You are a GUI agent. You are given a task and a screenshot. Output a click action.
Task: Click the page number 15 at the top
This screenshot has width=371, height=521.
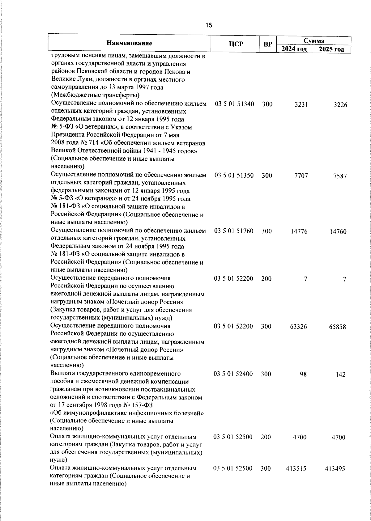point(209,25)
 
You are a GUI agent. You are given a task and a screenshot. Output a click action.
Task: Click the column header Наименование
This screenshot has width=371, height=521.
point(129,44)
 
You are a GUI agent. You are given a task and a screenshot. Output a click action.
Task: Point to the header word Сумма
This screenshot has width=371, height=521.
point(313,41)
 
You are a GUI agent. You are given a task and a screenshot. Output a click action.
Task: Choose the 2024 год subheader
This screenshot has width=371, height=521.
point(294,49)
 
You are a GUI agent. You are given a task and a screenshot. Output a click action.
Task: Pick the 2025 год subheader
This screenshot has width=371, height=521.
point(331,49)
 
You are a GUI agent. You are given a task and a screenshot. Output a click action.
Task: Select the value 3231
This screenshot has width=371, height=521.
point(301,105)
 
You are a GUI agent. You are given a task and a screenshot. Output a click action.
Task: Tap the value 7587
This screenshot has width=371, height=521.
point(340,176)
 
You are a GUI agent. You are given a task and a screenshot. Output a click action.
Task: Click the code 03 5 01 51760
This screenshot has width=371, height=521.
point(234,231)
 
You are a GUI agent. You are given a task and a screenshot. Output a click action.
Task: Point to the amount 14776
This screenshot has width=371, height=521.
point(299,231)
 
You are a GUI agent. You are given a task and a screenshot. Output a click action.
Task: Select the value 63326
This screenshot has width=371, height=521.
point(299,327)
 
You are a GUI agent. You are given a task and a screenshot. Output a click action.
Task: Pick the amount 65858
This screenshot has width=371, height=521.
point(337,327)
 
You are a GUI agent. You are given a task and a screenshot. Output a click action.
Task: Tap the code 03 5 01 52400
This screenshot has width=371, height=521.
point(233,374)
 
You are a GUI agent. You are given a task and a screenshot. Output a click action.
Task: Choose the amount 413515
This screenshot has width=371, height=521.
point(296,469)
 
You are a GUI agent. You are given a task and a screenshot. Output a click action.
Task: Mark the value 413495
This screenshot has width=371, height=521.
point(335,469)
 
